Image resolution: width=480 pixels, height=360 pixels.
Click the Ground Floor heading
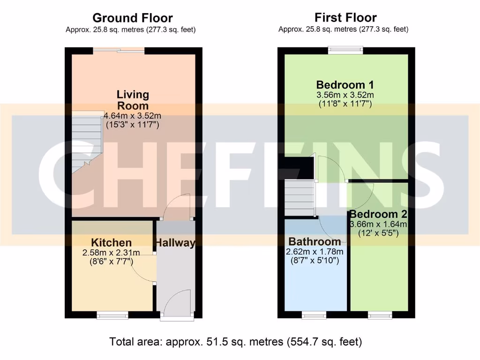tap(132, 18)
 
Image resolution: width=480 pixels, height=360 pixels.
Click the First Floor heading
tap(345, 18)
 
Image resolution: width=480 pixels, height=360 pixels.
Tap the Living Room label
tap(133, 100)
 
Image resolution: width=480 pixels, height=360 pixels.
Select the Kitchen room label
tap(111, 243)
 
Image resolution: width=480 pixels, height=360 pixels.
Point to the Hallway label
tap(175, 243)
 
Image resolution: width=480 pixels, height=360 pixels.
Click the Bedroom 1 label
tap(345, 85)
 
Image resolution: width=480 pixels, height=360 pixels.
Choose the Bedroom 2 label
tap(378, 214)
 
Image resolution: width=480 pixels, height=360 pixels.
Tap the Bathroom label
tap(315, 242)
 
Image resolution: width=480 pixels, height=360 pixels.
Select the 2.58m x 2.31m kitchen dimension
tap(111, 253)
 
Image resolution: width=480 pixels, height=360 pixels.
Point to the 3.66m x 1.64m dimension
tap(378, 224)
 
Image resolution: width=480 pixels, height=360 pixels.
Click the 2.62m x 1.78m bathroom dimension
tap(315, 252)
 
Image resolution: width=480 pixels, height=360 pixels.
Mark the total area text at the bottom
tap(235, 342)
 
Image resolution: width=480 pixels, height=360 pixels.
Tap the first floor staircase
tap(299, 196)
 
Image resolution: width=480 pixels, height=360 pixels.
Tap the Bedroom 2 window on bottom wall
tap(380, 315)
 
